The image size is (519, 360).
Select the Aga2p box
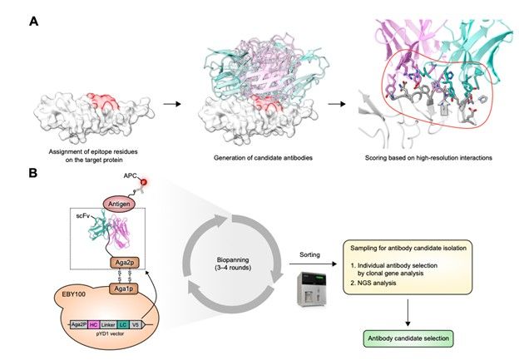[x=122, y=263]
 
